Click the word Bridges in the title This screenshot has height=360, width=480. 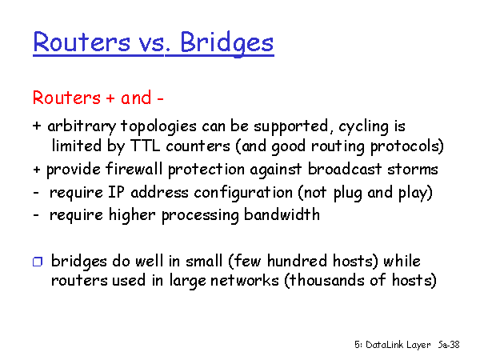pos(227,43)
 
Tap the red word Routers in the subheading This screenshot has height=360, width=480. pos(66,98)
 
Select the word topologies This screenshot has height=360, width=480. pos(158,126)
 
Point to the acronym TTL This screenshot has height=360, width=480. pos(145,146)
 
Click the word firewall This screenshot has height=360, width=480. pos(134,169)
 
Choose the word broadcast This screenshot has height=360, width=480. pos(345,169)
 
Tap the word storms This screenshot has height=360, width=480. pos(413,170)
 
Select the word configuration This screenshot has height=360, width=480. pos(243,193)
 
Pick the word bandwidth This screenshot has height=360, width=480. pos(282,214)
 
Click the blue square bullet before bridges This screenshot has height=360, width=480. pos(38,262)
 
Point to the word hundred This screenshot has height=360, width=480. pos(297,261)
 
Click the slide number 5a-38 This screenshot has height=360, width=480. pos(449,345)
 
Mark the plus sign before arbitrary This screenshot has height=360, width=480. pos(37,126)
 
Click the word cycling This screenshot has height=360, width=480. pos(363,127)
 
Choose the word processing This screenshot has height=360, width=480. pos(200,215)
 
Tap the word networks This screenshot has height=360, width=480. pos(245,280)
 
